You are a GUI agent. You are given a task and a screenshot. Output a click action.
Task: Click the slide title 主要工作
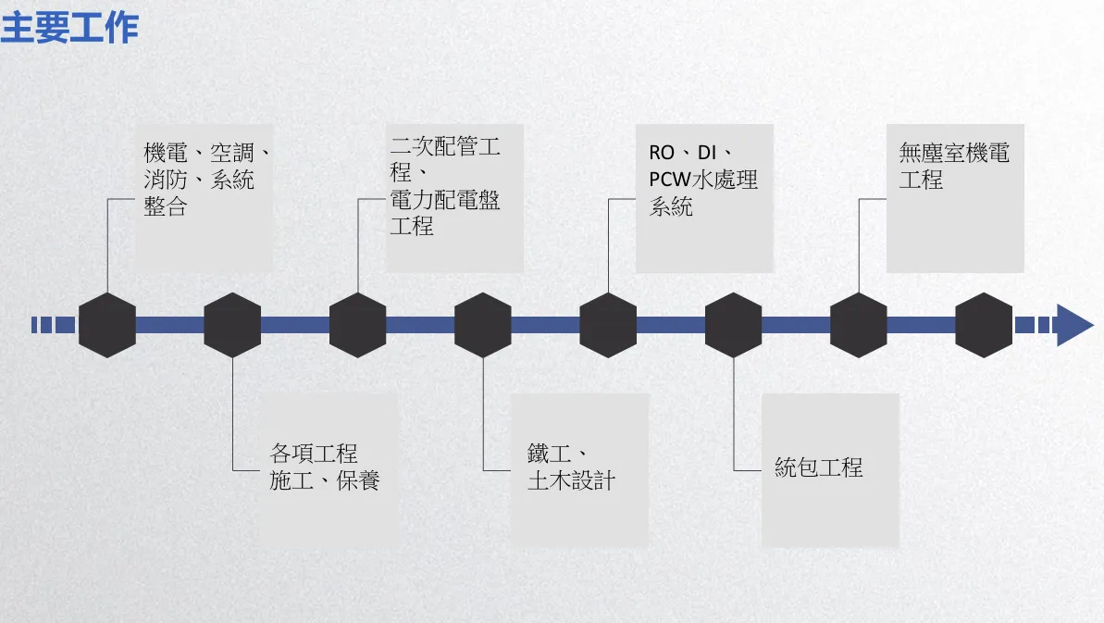[69, 28]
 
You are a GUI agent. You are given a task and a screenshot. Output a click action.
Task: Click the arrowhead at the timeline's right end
[1074, 325]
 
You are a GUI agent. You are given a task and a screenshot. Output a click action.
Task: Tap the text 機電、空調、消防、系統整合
[206, 180]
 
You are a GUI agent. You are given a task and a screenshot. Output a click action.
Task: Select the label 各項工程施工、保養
[325, 467]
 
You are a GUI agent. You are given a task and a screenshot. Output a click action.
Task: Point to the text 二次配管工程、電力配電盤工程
[445, 186]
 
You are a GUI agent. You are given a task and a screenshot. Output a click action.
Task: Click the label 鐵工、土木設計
[571, 467]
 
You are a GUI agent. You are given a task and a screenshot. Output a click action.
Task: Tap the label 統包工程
[818, 467]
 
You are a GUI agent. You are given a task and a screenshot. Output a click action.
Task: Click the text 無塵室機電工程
[954, 167]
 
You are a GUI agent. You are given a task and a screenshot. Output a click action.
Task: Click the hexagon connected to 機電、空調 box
[107, 325]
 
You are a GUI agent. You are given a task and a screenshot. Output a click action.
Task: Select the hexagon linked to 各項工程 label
[232, 325]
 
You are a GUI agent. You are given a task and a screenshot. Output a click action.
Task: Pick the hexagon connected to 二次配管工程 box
[357, 325]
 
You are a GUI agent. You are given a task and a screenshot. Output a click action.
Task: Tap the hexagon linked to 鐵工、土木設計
[483, 325]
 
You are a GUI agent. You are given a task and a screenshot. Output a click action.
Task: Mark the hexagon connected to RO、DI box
[608, 325]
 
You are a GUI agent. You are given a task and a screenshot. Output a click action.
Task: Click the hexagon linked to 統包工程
[733, 325]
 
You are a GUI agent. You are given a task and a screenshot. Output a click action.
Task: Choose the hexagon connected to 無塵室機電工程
[858, 325]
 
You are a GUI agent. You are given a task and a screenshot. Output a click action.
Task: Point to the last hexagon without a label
[984, 325]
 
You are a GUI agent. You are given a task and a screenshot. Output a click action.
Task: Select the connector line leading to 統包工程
[734, 417]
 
